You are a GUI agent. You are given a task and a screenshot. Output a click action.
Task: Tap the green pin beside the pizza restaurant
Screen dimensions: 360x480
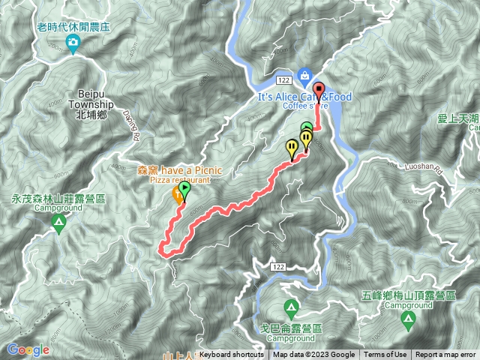tap(184, 189)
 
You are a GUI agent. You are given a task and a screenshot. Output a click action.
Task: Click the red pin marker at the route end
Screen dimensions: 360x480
tap(317, 90)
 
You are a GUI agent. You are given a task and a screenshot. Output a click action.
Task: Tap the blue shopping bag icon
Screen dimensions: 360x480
tap(304, 74)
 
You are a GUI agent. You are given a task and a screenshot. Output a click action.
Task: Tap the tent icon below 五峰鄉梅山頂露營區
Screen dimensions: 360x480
tap(409, 322)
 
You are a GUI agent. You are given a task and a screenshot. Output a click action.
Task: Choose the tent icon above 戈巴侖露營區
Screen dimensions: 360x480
tap(290, 307)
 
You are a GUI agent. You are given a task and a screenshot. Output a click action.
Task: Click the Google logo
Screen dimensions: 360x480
tap(28, 349)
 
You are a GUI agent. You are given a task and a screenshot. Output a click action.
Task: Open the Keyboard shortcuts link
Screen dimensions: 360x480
tap(232, 355)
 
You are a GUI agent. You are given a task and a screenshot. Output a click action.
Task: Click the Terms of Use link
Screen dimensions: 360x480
tap(385, 355)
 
